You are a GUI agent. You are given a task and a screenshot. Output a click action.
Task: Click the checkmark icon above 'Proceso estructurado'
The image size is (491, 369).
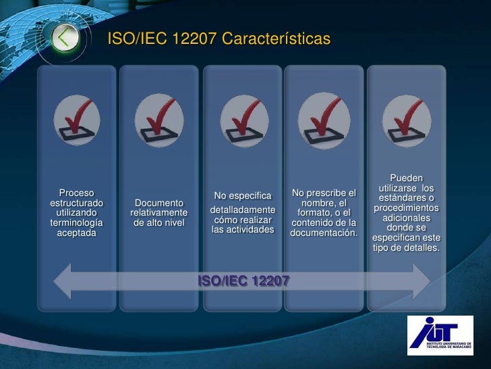tap(77, 120)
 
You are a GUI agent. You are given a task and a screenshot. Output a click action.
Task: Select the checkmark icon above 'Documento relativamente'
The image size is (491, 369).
tap(159, 120)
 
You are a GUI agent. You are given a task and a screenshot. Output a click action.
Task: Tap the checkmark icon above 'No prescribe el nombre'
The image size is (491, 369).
tap(324, 120)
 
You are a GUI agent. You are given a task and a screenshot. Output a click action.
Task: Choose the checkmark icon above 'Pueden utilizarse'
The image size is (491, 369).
tap(407, 120)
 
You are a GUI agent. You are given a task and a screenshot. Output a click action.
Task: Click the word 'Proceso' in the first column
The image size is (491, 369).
tap(77, 193)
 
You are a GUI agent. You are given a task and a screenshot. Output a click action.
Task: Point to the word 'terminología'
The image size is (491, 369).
tap(77, 222)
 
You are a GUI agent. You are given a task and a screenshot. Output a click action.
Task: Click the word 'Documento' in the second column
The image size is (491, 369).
tap(159, 203)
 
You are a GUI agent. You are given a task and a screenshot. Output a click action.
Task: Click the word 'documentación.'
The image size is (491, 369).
tap(324, 233)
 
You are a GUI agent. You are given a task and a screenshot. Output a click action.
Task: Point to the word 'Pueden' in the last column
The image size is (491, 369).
tap(407, 178)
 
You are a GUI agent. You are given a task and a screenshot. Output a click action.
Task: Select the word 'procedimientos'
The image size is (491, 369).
tap(407, 207)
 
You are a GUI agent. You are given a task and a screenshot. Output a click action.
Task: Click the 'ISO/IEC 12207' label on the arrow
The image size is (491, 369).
tap(243, 280)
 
